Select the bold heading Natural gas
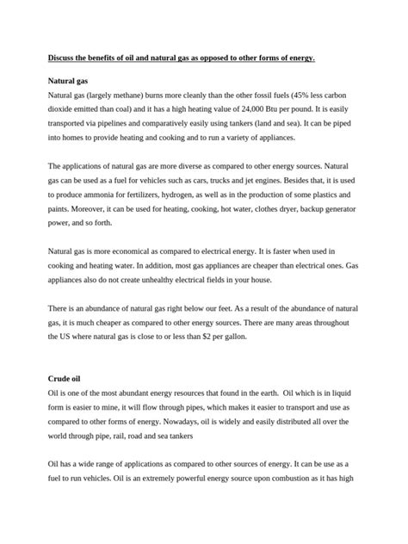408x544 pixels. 70,79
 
